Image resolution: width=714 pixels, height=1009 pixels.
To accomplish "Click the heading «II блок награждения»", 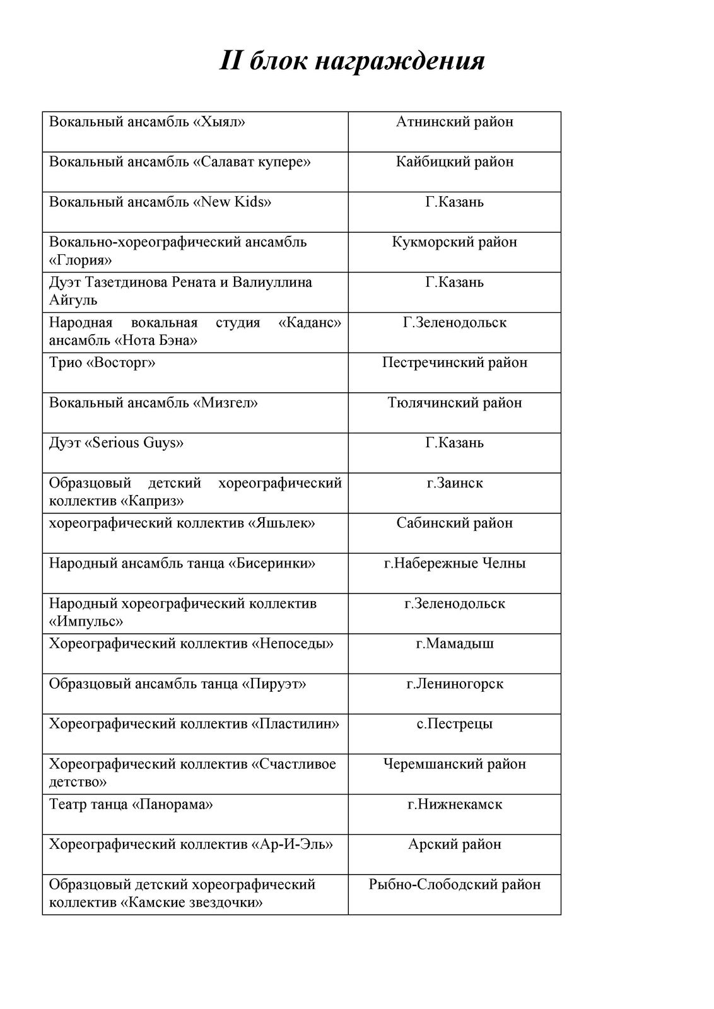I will coord(352,62).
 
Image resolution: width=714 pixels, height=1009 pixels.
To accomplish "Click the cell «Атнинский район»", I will coord(454,122).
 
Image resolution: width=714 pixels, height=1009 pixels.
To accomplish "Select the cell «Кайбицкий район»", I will coord(454,162).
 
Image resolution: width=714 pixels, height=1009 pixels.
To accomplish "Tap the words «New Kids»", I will coord(235,202).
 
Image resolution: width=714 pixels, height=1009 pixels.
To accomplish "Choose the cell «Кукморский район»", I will coord(454,242).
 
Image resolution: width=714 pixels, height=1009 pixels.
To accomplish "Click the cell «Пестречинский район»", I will coord(454,363).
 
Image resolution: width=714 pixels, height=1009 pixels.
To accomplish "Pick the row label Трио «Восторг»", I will coord(102,363).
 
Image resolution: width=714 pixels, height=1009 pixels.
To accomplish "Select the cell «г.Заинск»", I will coord(454,483).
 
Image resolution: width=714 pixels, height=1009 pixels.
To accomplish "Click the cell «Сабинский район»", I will coord(454,523).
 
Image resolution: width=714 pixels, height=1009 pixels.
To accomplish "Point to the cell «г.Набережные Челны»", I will coord(454,563).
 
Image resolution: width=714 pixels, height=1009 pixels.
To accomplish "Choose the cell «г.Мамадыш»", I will coord(454,644).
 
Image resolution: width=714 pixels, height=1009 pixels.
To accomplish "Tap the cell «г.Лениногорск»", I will coord(454,684).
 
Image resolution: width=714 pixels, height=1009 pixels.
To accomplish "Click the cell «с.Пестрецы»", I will coord(454,724).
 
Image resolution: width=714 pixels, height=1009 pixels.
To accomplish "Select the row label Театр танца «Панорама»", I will coord(131,805).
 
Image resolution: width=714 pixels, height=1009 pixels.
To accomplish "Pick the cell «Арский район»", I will coord(454,844).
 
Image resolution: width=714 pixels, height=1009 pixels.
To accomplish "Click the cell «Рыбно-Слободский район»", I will coord(454,885).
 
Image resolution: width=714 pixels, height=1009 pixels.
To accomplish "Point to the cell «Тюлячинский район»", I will coord(454,403).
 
